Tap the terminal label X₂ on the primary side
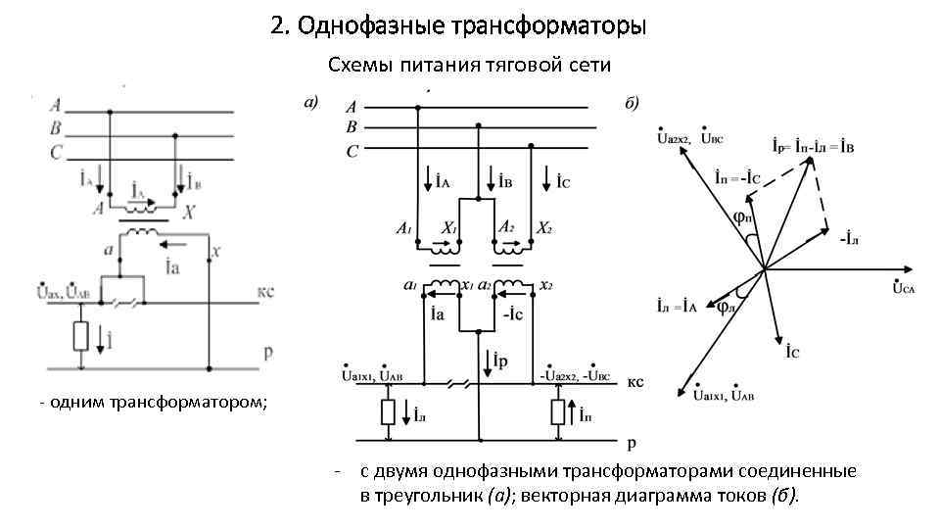point(544,227)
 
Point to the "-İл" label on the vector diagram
point(848,236)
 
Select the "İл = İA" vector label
point(677,305)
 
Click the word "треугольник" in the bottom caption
point(420,495)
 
